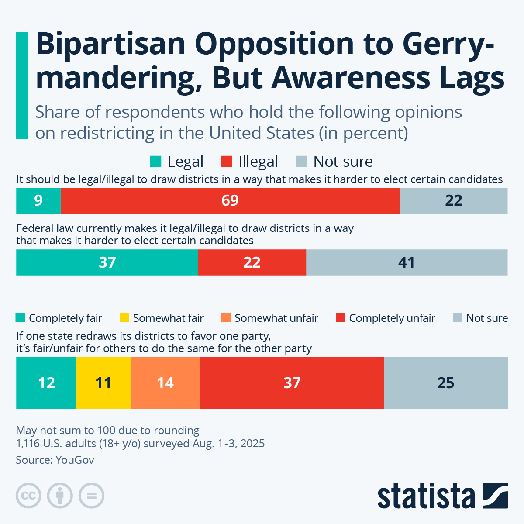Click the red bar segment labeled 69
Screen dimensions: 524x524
pos(230,201)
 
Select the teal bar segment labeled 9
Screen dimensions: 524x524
pos(38,201)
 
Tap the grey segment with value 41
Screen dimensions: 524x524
pos(407,262)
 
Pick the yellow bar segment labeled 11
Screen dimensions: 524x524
pos(103,383)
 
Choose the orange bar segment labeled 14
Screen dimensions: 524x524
pos(165,383)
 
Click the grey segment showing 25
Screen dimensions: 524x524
pos(446,383)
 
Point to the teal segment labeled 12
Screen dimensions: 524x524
pos(46,383)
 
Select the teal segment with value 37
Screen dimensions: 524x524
pos(107,262)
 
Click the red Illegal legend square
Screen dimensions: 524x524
pos(227,162)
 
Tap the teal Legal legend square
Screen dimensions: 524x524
pos(155,162)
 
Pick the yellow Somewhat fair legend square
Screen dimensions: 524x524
pos(124,318)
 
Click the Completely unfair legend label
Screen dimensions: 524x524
pos(392,318)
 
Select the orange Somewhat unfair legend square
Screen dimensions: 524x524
pos(226,318)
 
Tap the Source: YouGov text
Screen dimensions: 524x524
pos(55,460)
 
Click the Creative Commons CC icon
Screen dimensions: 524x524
pos(29,496)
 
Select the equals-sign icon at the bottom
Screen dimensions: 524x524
pos(91,496)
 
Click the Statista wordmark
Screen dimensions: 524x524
pos(426,496)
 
